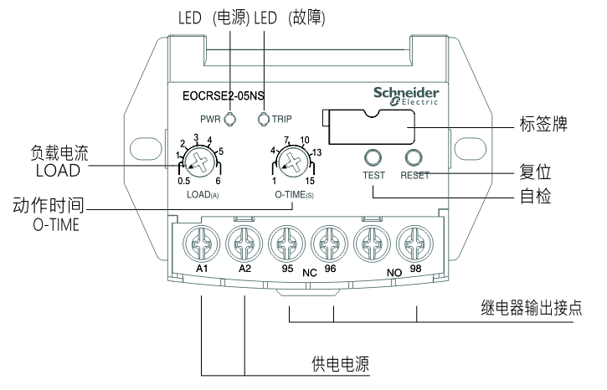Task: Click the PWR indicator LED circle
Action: point(229,118)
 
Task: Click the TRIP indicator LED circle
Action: point(264,118)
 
